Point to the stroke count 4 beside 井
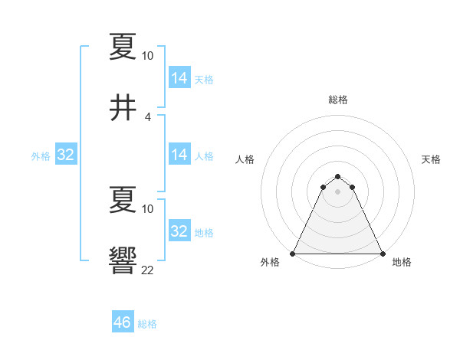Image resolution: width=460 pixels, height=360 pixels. (148, 117)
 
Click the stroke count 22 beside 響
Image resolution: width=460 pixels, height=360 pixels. (148, 270)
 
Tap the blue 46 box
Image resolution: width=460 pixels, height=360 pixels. (123, 322)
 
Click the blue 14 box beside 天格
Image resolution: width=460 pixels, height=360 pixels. (179, 78)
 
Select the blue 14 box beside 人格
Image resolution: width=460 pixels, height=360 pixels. (179, 155)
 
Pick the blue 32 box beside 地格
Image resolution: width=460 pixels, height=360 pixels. (179, 231)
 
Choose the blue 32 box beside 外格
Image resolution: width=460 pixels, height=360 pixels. (66, 155)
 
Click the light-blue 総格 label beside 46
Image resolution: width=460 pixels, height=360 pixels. (147, 324)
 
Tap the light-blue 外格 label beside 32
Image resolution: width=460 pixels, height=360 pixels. (41, 156)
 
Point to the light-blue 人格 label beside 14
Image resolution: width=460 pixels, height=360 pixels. (204, 156)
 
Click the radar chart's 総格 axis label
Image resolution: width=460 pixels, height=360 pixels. (338, 100)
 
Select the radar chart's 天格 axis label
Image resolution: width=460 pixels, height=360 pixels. (432, 159)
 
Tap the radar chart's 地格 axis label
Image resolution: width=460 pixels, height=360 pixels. (402, 262)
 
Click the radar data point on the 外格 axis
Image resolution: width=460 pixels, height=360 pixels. (293, 253)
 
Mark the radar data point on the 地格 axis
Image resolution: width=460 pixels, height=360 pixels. (383, 253)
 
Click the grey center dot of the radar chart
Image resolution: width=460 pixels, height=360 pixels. (338, 191)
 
